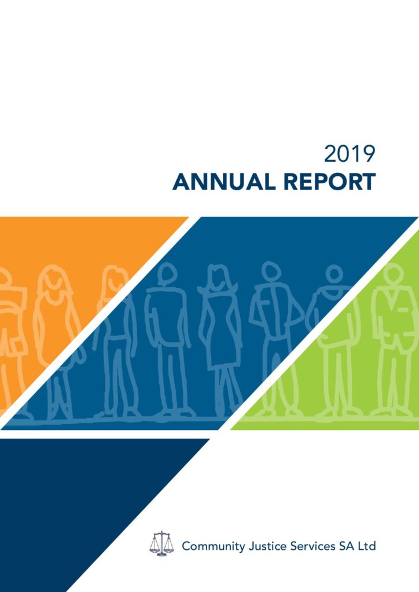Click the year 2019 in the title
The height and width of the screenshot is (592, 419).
[x=350, y=154]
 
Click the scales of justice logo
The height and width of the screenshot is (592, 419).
[x=161, y=543]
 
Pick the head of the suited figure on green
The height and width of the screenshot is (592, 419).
[x=393, y=273]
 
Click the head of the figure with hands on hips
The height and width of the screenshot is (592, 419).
[x=271, y=271]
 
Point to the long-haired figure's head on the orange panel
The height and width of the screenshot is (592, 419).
[x=53, y=282]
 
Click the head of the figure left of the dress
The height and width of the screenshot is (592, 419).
[x=167, y=273]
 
